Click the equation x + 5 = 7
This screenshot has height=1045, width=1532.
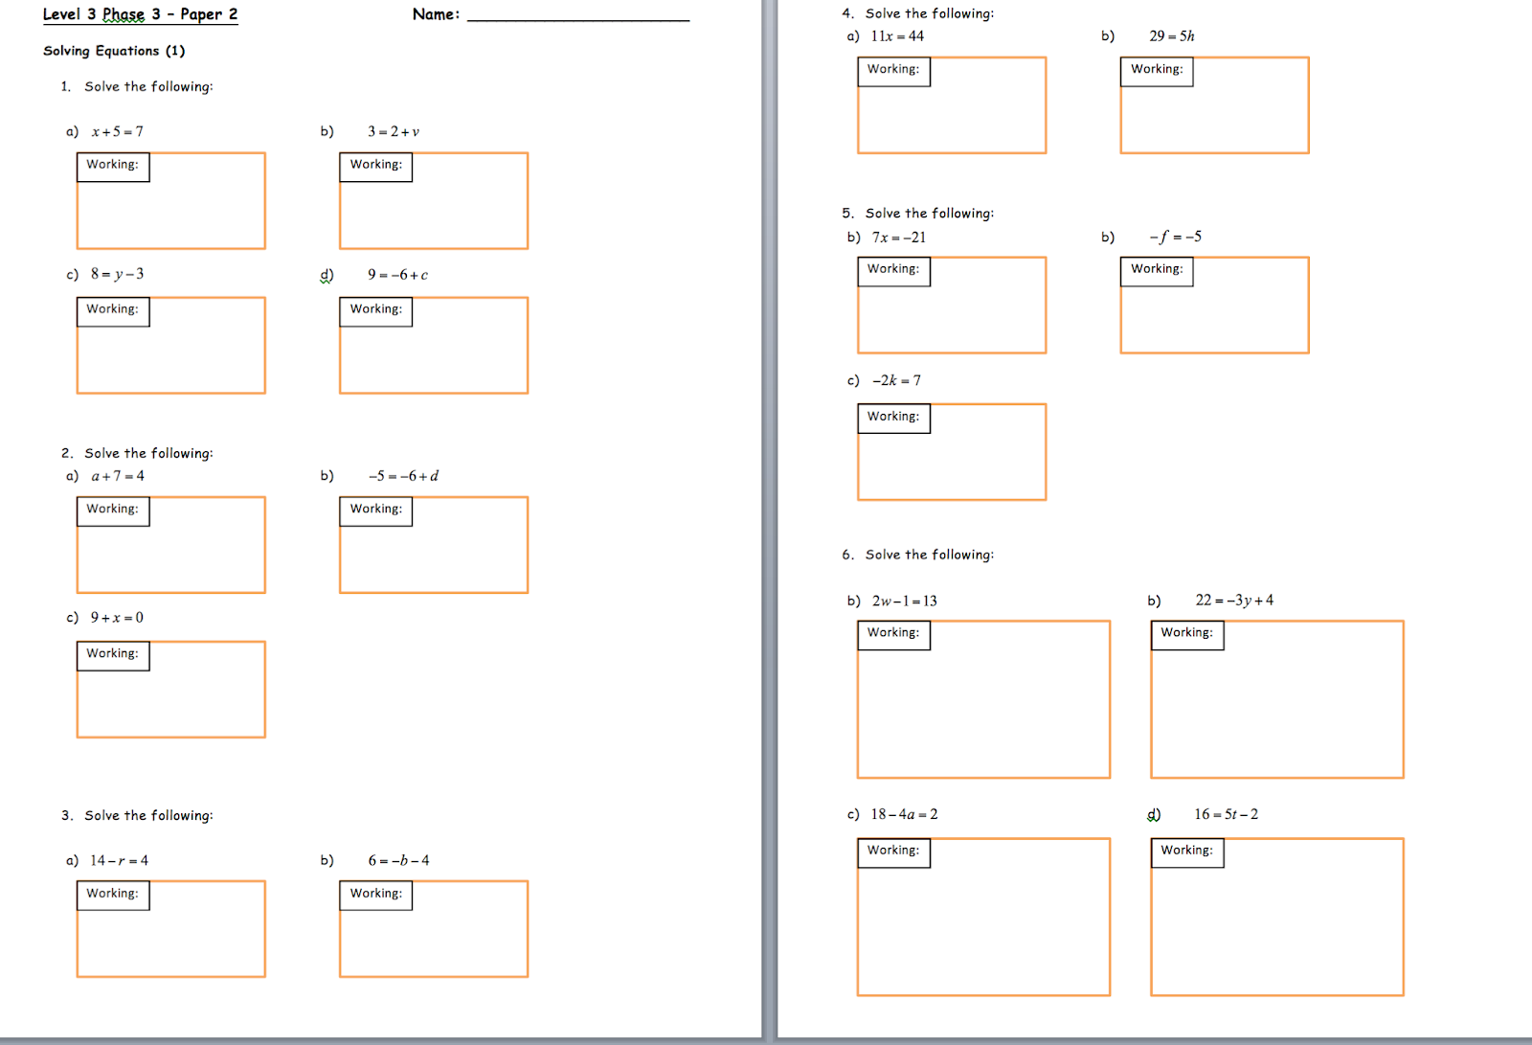tap(117, 131)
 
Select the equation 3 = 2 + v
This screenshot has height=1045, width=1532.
tap(394, 131)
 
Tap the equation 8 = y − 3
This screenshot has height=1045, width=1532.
tap(117, 274)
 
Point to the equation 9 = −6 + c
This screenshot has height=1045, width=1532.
tap(397, 275)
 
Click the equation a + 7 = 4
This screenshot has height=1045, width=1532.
tap(118, 476)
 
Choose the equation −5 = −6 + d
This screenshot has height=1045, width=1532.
tap(403, 476)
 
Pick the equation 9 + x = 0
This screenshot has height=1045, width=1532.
tap(117, 618)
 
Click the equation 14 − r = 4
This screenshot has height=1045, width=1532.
tap(119, 860)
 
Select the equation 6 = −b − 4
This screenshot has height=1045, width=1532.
tap(398, 860)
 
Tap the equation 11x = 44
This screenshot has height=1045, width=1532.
tap(897, 36)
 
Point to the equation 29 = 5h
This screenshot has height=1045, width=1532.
tap(1172, 36)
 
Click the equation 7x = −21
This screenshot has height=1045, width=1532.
tap(898, 238)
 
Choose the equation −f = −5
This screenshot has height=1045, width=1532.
tap(1175, 237)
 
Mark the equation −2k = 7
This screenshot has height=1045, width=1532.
tap(896, 380)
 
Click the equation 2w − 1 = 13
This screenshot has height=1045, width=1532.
tap(904, 601)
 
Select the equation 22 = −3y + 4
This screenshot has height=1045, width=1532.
tap(1234, 600)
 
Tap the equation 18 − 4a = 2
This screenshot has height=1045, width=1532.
tap(904, 814)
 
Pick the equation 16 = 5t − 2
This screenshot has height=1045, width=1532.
tap(1226, 814)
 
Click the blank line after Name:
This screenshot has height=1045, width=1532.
tap(577, 15)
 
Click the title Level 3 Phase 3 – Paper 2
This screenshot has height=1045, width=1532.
tap(140, 14)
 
